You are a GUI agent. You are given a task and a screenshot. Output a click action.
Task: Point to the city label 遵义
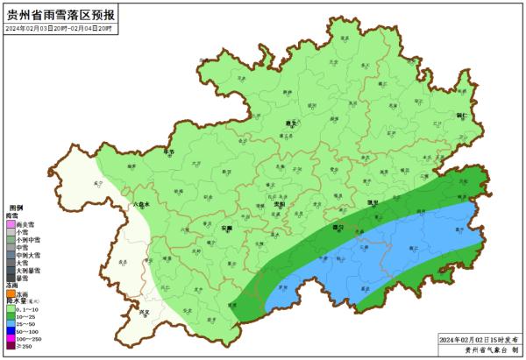click(x=292, y=124)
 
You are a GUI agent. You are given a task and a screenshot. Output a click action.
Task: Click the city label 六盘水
click(x=140, y=204)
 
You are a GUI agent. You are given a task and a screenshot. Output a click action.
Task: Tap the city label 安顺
click(x=227, y=227)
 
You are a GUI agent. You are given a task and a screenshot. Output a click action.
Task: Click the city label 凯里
click(x=373, y=203)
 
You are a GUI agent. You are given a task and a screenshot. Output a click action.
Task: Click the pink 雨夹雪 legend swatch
click(x=10, y=224)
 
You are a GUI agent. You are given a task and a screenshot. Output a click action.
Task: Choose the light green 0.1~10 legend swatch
click(x=10, y=310)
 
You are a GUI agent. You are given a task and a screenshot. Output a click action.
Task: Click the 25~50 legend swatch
click(x=10, y=325)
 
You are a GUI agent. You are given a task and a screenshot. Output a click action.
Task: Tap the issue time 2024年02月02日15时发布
click(x=478, y=338)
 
